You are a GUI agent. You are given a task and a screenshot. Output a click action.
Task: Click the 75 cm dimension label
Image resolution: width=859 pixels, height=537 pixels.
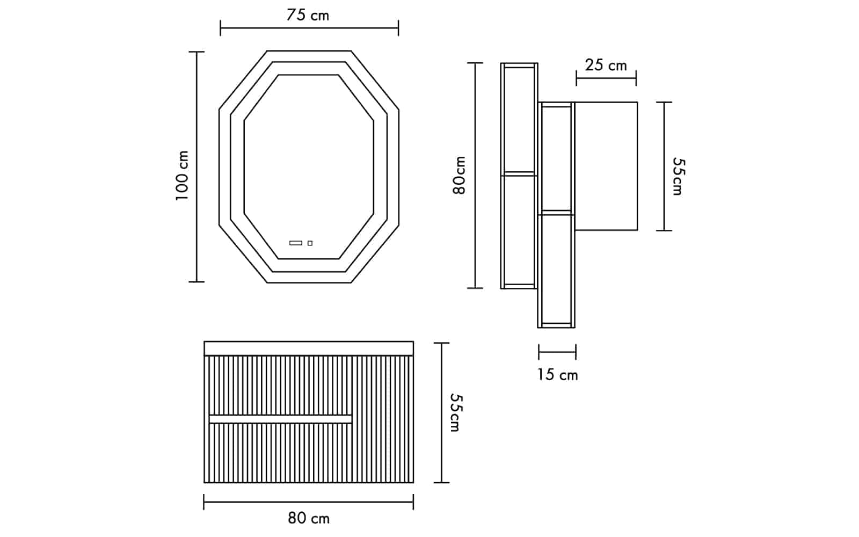point(308,16)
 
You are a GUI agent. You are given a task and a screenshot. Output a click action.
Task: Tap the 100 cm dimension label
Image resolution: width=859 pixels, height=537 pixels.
point(182,175)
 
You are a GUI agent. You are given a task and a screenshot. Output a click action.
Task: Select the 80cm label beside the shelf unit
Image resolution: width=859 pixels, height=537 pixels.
point(459,175)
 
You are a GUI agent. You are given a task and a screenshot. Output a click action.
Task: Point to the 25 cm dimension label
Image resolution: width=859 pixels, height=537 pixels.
point(606,65)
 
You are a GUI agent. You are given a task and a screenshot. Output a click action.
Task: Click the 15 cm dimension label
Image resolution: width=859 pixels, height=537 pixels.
point(557,375)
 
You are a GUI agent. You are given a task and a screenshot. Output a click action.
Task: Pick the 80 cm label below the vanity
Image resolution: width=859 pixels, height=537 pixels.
point(309,518)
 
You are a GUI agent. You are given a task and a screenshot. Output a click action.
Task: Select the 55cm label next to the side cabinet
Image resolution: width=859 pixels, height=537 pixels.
point(678,177)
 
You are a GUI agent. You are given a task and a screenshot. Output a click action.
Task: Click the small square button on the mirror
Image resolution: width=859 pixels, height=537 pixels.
point(310,243)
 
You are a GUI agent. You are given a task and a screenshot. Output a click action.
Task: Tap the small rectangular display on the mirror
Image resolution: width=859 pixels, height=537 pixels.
point(296,243)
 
